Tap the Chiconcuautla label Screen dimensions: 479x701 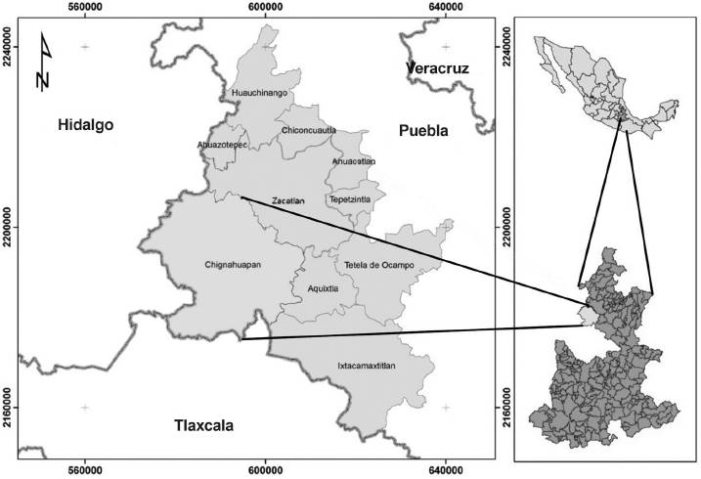click(x=309, y=130)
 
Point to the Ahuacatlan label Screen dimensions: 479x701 click(x=353, y=161)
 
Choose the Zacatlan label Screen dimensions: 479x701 click(x=289, y=200)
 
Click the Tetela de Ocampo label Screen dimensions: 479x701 click(x=379, y=266)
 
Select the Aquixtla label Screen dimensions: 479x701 click(x=323, y=289)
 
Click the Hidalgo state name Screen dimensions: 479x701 click(x=86, y=125)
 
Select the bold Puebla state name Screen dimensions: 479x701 click(x=422, y=130)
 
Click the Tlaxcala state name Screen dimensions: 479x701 click(x=205, y=425)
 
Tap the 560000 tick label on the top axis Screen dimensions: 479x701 click(x=86, y=9)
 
